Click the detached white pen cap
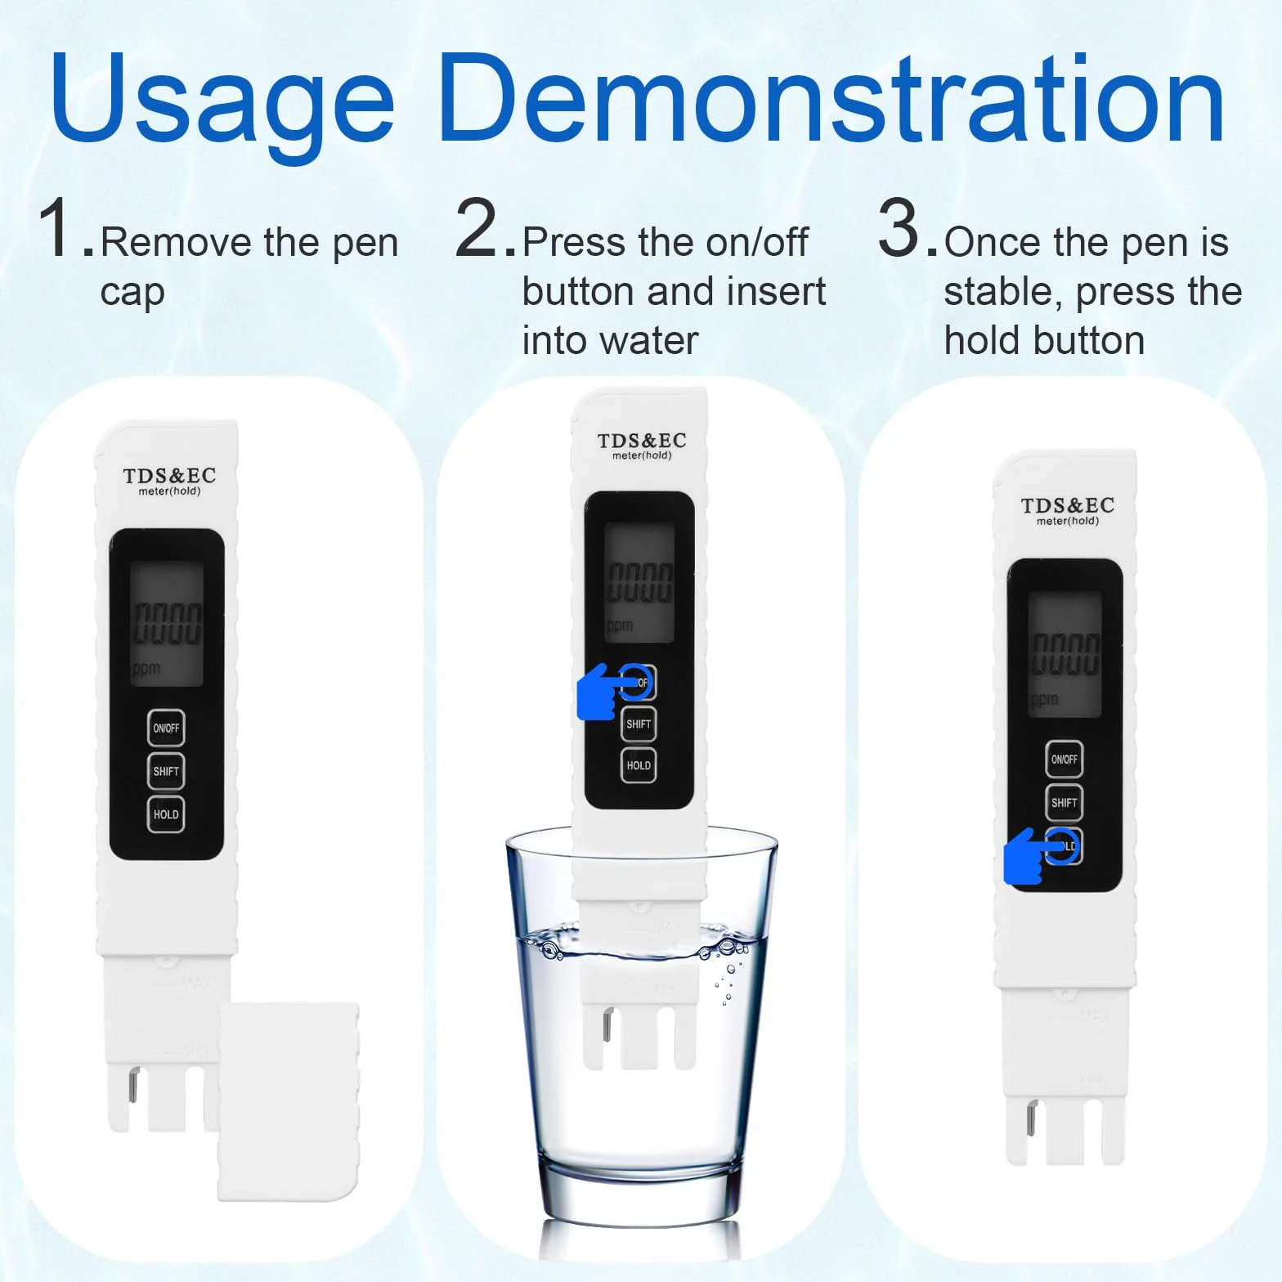(289, 1101)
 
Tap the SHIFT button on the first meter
(166, 771)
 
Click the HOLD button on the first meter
(166, 814)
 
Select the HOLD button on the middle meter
(639, 765)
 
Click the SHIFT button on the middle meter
(639, 724)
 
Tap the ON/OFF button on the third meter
(1064, 760)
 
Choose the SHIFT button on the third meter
(1064, 803)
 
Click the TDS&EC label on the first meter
(169, 476)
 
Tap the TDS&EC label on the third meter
(1068, 505)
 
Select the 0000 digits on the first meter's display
(168, 624)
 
